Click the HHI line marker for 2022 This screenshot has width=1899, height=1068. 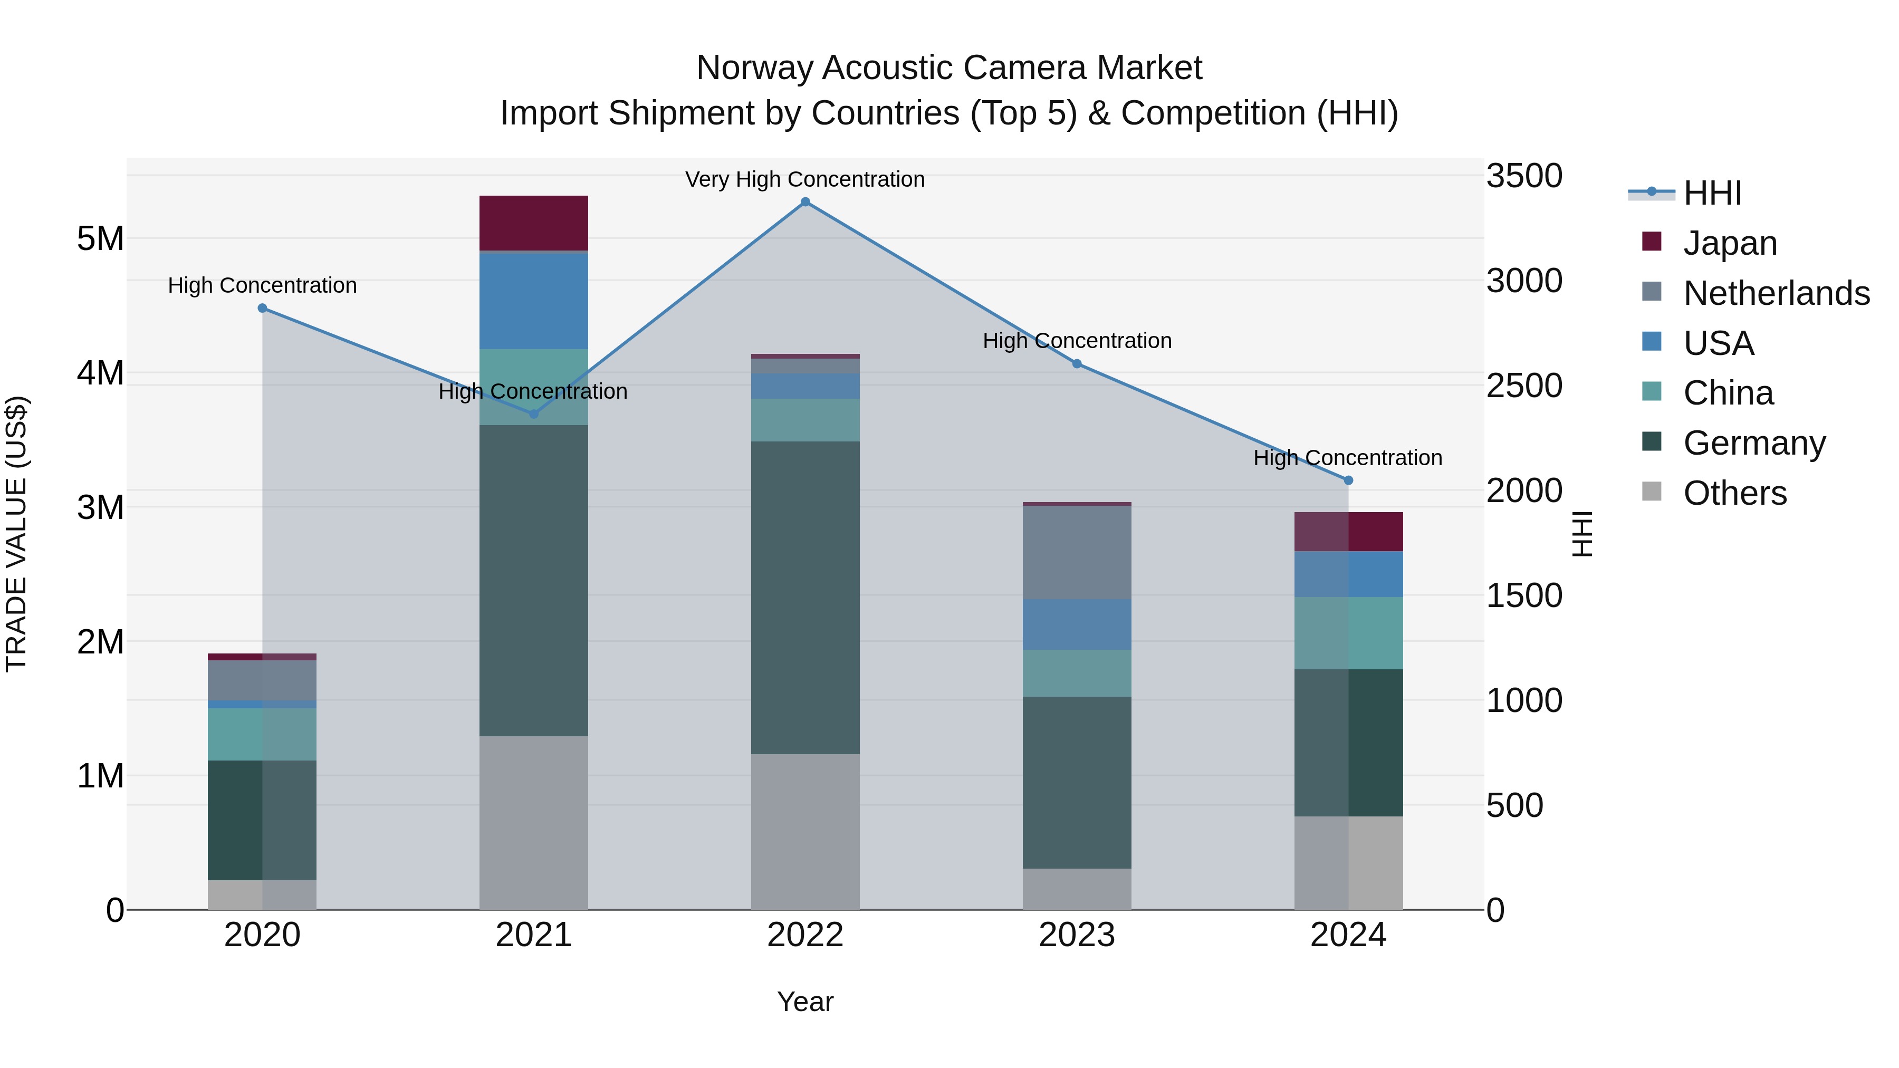(x=805, y=202)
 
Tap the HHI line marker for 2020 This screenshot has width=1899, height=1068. (x=263, y=308)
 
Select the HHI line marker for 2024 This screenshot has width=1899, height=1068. (x=1348, y=480)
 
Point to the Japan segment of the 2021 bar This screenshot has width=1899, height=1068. (x=534, y=223)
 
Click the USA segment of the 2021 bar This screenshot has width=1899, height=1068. (x=534, y=301)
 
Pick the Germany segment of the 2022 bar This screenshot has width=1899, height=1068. (x=805, y=597)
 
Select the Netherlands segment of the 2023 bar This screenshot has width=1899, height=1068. (x=1077, y=552)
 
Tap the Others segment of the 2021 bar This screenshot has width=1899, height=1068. (x=534, y=823)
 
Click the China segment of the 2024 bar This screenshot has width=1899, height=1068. (x=1348, y=633)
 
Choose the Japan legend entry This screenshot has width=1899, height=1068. (x=1730, y=243)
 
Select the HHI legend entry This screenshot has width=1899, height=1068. (x=1712, y=193)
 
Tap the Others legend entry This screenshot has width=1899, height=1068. (x=1734, y=493)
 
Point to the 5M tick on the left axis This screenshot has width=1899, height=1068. (x=100, y=239)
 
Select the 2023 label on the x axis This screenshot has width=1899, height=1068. (x=1077, y=935)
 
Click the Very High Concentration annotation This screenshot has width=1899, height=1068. (x=805, y=179)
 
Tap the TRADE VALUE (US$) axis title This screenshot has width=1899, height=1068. (x=16, y=534)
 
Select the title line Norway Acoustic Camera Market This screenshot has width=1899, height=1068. (x=949, y=68)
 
